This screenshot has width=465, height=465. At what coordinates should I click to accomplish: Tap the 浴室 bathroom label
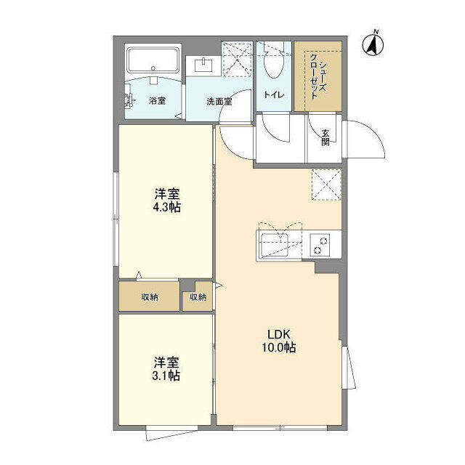157,100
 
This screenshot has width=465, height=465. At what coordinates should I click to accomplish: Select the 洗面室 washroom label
218,101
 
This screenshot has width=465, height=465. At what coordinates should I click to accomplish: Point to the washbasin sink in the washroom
203,65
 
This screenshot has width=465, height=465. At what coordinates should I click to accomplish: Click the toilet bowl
274,66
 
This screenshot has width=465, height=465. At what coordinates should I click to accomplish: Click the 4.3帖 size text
167,207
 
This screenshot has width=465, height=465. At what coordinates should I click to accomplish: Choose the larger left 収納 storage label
150,297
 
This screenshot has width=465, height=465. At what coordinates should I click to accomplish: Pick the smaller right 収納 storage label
198,297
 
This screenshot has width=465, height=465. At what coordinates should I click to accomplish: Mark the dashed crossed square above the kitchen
325,183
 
